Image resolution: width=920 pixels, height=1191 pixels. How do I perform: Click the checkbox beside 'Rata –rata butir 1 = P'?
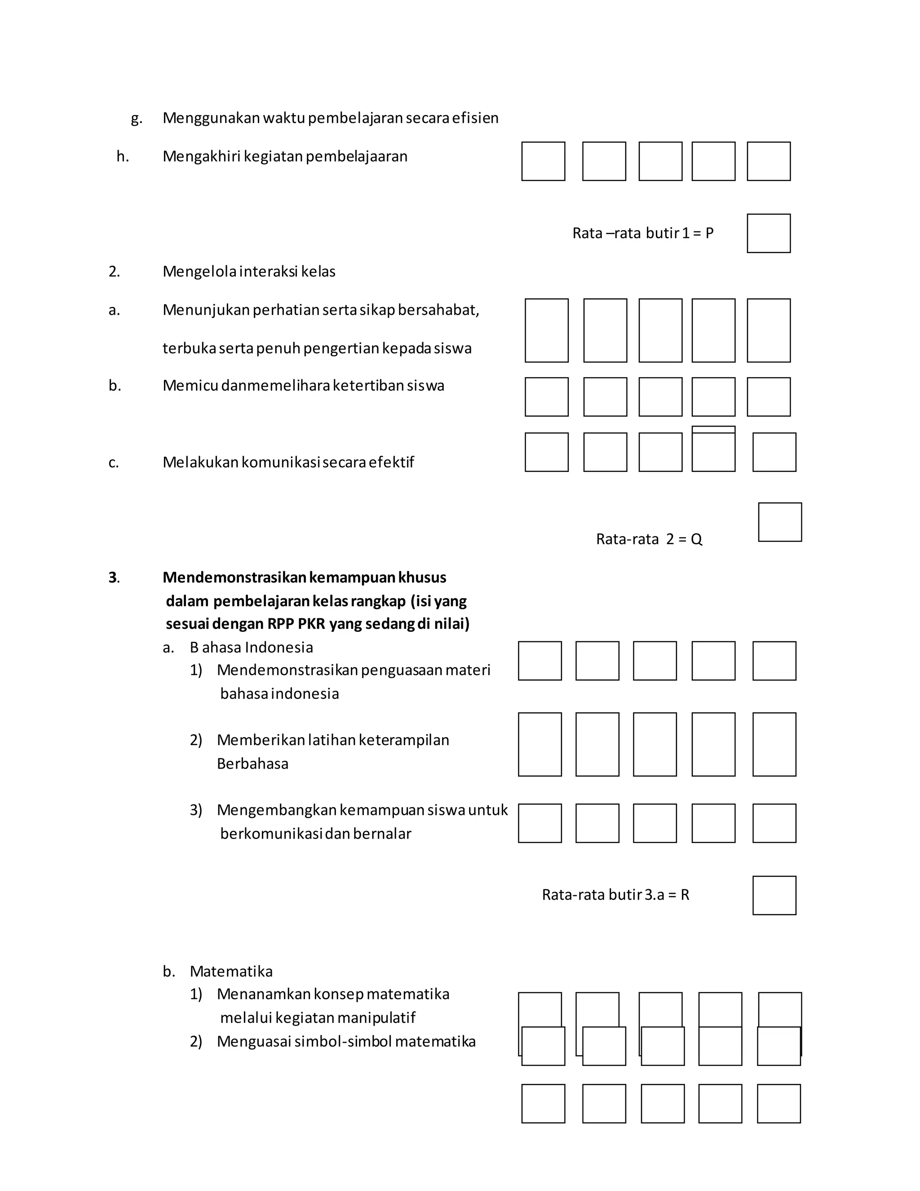pyautogui.click(x=769, y=233)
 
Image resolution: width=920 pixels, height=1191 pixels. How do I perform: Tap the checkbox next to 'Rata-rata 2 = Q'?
pyautogui.click(x=780, y=522)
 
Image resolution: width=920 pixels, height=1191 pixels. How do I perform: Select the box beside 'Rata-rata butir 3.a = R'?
pyautogui.click(x=774, y=895)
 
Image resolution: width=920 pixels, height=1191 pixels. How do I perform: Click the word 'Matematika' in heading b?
pyautogui.click(x=231, y=971)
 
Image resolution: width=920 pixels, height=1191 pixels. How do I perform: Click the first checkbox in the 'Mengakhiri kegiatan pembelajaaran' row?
pyautogui.click(x=543, y=161)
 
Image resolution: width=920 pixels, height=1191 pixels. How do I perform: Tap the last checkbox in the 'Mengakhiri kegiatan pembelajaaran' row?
pyautogui.click(x=769, y=161)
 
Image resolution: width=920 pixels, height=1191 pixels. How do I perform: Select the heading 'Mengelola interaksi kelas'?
pyautogui.click(x=248, y=271)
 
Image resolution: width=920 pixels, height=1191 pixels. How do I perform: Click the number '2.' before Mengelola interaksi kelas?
pyautogui.click(x=114, y=271)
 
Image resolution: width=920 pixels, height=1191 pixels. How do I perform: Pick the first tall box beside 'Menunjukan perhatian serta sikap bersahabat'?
pyautogui.click(x=547, y=330)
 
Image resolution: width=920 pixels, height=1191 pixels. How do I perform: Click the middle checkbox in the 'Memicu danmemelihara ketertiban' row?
pyautogui.click(x=660, y=397)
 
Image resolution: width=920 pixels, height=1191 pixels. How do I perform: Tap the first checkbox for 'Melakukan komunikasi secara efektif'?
pyautogui.click(x=547, y=452)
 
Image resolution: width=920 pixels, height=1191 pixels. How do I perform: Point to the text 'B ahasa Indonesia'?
pyautogui.click(x=251, y=647)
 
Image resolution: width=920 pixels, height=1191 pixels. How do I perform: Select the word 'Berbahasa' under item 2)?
pyautogui.click(x=252, y=764)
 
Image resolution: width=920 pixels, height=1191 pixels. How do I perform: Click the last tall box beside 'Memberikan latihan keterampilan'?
pyautogui.click(x=774, y=744)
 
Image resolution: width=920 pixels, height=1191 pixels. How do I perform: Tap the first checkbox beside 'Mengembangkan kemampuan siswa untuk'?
pyautogui.click(x=540, y=823)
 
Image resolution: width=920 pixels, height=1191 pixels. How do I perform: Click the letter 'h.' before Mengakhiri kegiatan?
pyautogui.click(x=123, y=156)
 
